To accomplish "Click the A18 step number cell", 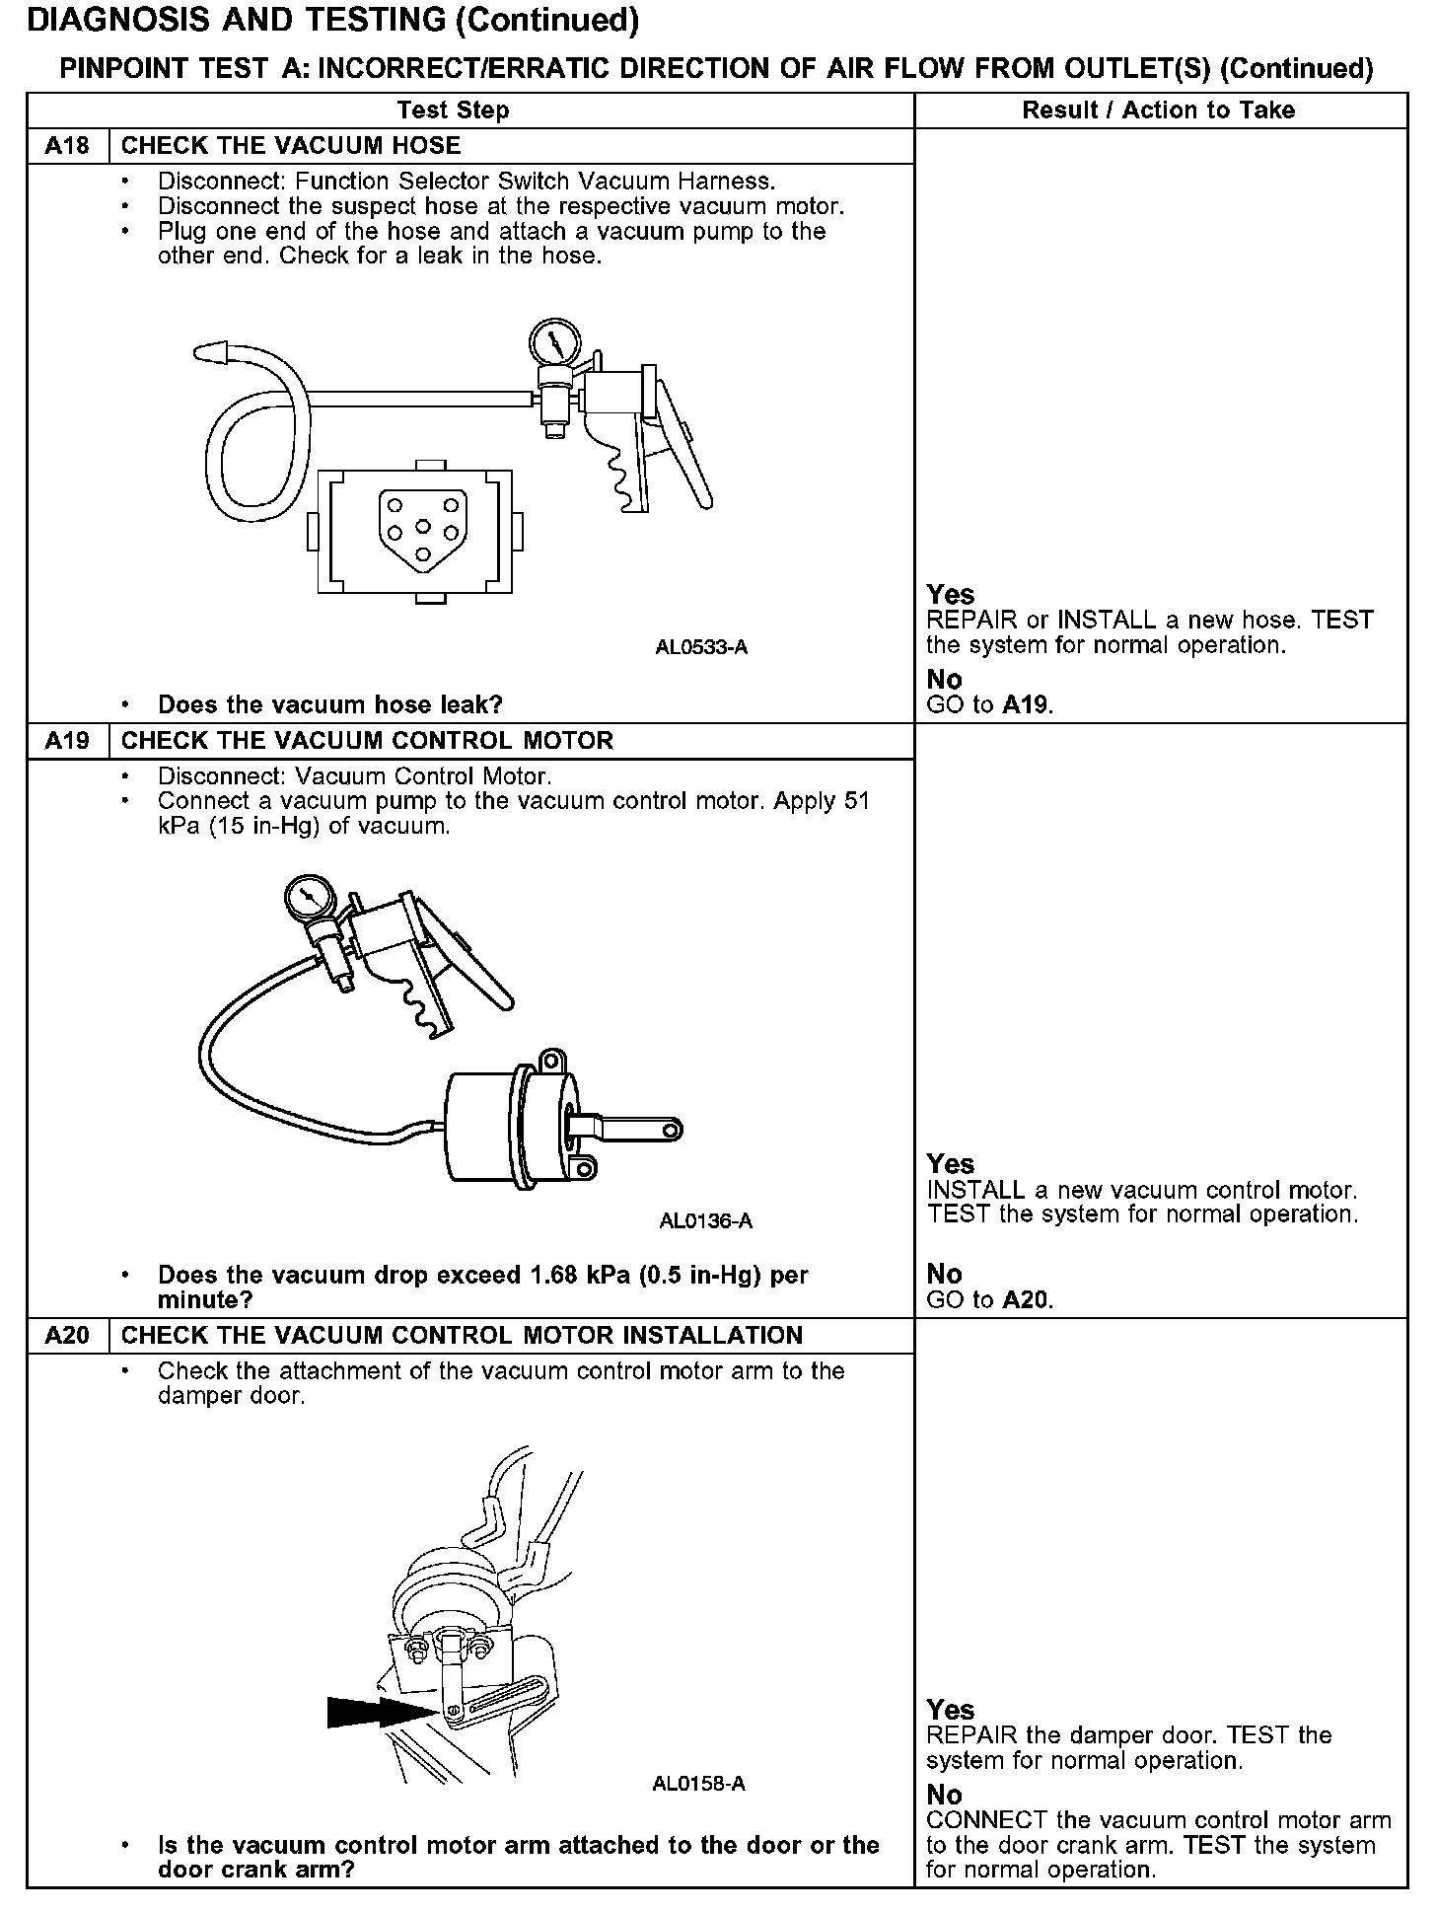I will point(67,146).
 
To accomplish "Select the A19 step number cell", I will point(67,741).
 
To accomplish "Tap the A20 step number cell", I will point(67,1336).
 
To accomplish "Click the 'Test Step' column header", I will point(453,110).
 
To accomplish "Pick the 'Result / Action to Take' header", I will point(1158,110).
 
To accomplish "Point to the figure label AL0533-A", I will point(701,648).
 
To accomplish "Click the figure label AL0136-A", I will point(705,1221).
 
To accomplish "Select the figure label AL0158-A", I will point(698,1784).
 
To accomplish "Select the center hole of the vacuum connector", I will point(421,526).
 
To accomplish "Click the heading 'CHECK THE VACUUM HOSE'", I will point(291,146).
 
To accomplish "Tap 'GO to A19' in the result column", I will point(989,705).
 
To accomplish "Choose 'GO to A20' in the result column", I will point(989,1300).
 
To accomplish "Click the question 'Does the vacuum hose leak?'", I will point(329,704).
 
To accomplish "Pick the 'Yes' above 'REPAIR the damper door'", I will point(950,1710).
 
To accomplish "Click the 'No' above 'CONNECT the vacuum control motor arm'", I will point(944,1795).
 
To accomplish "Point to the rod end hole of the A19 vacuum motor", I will point(671,1129).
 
